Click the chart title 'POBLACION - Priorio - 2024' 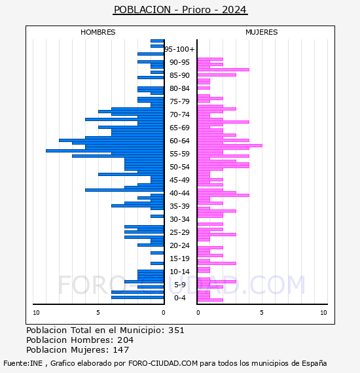180,10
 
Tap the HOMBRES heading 98,32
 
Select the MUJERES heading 262,32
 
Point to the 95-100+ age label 179,49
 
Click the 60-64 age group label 179,141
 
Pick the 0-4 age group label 180,298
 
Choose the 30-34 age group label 179,219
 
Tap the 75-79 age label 179,101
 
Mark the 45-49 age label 179,180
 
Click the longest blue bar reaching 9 105,151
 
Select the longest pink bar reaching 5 230,145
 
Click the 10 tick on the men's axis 36,313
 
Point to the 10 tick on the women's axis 323,313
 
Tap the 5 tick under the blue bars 98,313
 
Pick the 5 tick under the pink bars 262,313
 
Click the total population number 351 176,330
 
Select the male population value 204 126,340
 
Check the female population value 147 120,349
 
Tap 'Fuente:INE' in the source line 23,363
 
